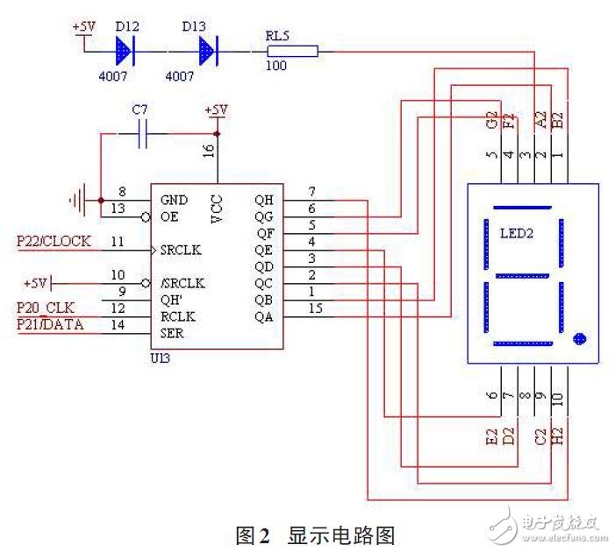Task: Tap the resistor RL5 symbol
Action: click(x=290, y=52)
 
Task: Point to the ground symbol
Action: click(x=79, y=201)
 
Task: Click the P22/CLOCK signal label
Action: click(x=54, y=241)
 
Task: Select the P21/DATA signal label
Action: click(x=50, y=325)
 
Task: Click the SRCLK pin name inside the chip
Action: click(x=182, y=251)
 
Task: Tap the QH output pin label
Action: click(x=264, y=201)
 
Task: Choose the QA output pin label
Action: click(x=264, y=317)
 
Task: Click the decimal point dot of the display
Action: click(x=577, y=338)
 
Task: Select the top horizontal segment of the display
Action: click(x=522, y=209)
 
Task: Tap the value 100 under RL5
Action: click(x=276, y=67)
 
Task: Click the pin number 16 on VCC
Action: click(x=209, y=150)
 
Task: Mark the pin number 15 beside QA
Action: click(x=313, y=308)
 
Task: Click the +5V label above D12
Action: click(x=83, y=26)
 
